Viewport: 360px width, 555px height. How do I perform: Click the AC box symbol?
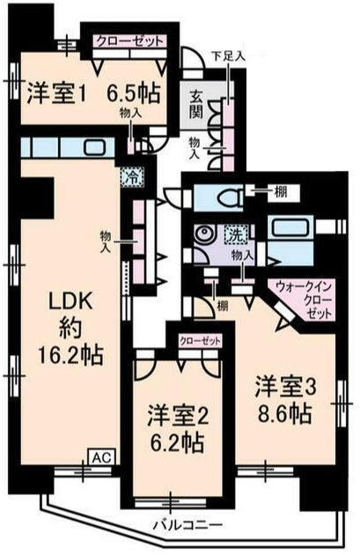click(x=100, y=458)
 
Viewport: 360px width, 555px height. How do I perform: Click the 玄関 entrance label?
click(x=195, y=103)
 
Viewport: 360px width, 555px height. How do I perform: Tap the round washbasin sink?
click(x=204, y=233)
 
